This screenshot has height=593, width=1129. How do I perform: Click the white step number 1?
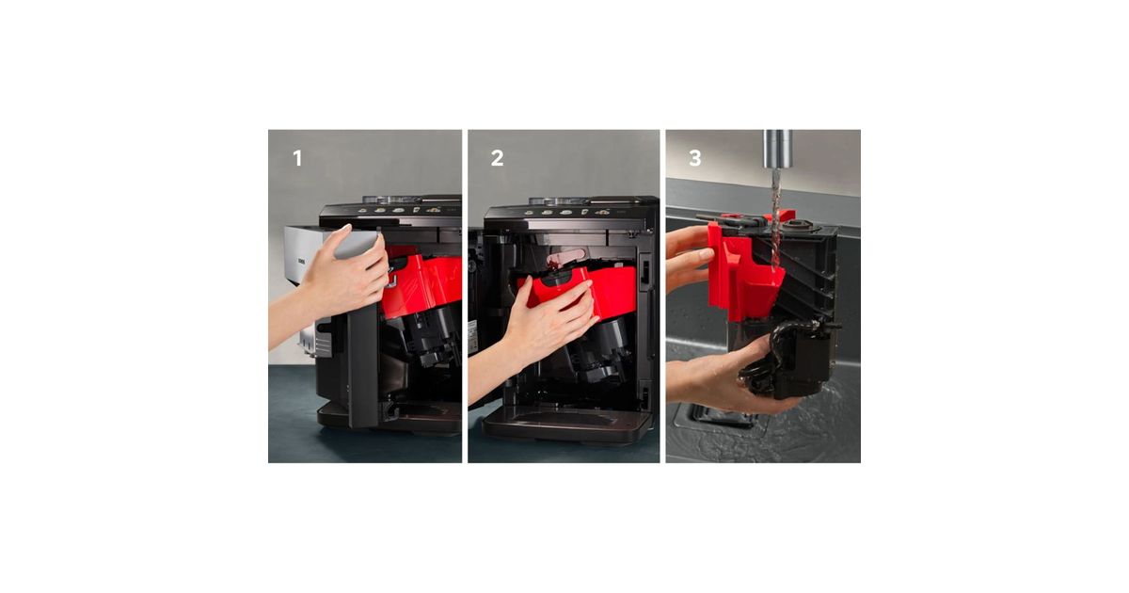(x=297, y=158)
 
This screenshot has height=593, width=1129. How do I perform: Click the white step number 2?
(x=497, y=158)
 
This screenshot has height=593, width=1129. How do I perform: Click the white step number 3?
(x=695, y=158)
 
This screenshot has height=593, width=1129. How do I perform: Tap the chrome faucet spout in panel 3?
(x=778, y=149)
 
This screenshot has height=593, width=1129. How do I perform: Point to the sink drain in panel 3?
(x=721, y=416)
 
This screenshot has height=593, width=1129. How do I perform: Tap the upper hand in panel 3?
(x=688, y=257)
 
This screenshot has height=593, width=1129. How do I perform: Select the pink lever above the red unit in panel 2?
(x=565, y=259)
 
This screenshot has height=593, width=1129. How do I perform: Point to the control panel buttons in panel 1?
(x=399, y=210)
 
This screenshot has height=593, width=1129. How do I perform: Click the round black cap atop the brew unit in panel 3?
(x=799, y=224)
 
